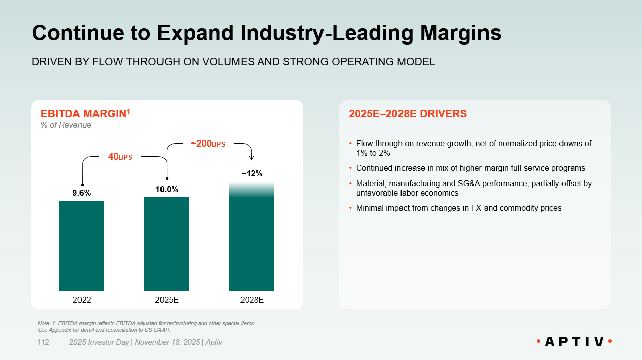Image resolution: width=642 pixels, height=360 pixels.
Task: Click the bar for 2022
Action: pos(82,245)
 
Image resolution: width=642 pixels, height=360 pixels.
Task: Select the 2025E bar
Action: pos(167,243)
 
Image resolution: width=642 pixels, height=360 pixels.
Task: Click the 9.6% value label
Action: pos(82,193)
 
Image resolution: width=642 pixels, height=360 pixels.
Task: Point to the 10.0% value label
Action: pos(167,189)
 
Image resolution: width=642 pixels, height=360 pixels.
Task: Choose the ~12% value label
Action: pos(252,174)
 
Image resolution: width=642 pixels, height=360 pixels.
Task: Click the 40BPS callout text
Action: pos(120,157)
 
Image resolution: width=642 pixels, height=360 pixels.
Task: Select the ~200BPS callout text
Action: pos(208,144)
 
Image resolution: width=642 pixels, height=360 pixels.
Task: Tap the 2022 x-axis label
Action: pos(82,300)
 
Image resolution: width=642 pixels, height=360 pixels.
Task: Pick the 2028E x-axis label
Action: pos(252,300)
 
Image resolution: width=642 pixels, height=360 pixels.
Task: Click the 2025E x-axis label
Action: pos(167,300)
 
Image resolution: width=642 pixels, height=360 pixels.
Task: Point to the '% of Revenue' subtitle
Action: pos(66,125)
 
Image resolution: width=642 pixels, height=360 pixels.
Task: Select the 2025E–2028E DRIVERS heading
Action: pos(408,114)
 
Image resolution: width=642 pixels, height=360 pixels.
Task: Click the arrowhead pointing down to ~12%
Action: pos(252,158)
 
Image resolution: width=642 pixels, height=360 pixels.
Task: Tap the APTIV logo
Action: pos(574,342)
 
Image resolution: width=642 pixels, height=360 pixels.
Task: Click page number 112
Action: pos(43,342)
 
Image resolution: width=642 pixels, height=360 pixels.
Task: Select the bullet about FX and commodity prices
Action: pos(458,208)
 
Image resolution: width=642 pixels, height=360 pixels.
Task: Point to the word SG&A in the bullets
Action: pos(481,184)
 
